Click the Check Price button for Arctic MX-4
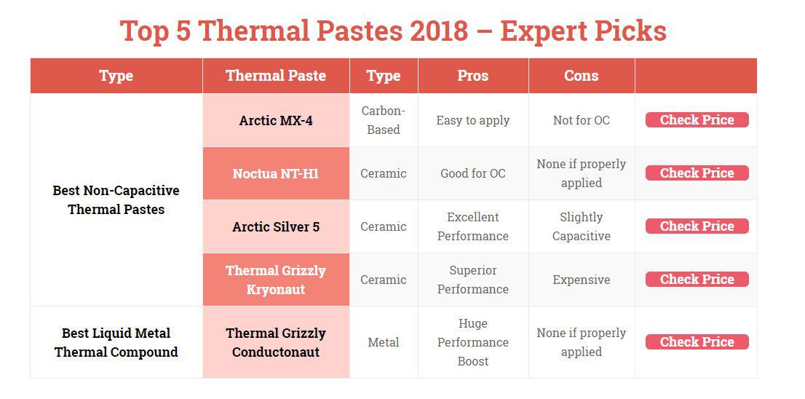click(697, 119)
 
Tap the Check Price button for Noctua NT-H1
click(697, 173)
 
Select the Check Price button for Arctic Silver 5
click(697, 226)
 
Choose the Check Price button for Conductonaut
click(697, 342)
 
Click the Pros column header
click(473, 76)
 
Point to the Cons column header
click(581, 76)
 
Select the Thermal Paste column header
click(276, 76)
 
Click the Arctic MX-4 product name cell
click(276, 120)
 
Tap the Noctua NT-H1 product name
click(276, 173)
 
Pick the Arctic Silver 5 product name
click(276, 226)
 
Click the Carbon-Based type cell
click(384, 120)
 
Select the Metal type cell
click(384, 342)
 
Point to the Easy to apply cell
click(473, 120)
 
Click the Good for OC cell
click(473, 173)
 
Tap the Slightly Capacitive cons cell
click(581, 226)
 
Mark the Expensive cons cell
click(581, 280)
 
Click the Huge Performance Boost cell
click(473, 342)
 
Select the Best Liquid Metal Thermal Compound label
click(116, 342)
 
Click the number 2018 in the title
click(439, 31)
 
